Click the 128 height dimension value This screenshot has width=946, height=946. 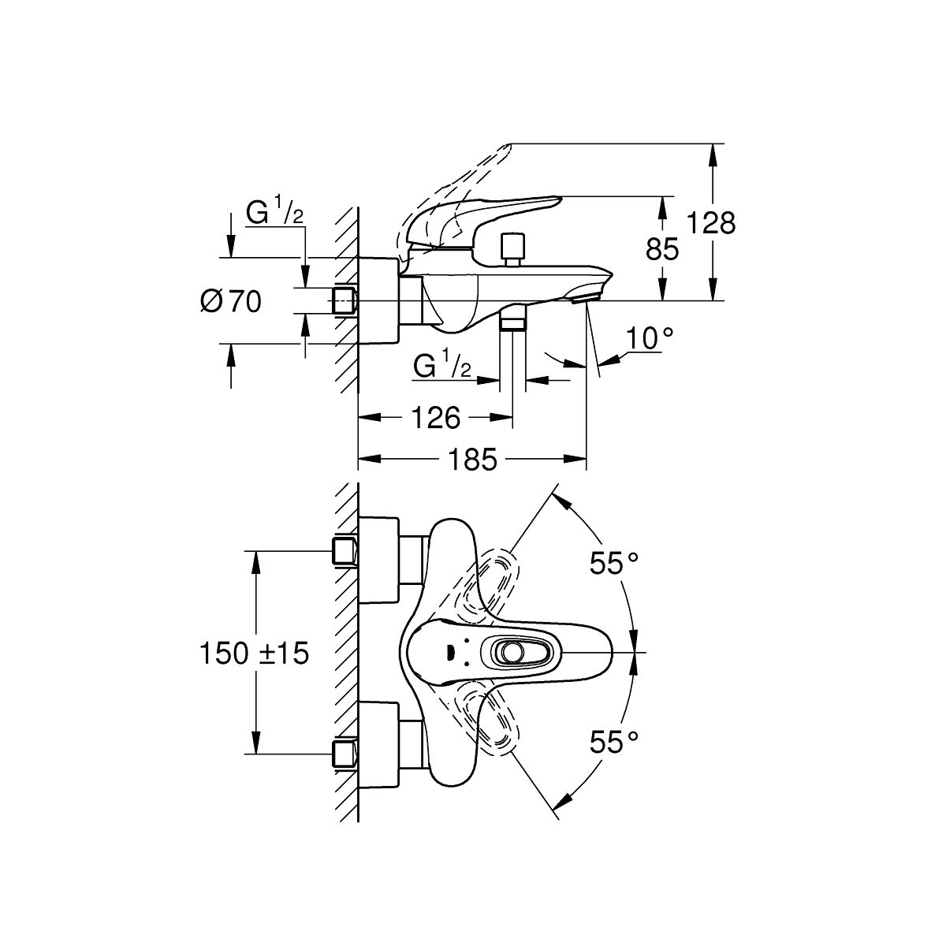(711, 223)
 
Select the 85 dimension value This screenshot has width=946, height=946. (662, 248)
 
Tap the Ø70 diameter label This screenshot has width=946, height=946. (231, 301)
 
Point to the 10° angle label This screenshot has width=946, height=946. (650, 338)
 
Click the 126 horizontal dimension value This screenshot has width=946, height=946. (435, 418)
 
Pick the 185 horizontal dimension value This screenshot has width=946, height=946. (472, 460)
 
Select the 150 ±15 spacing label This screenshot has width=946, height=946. (255, 654)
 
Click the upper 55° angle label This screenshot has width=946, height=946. (613, 563)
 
